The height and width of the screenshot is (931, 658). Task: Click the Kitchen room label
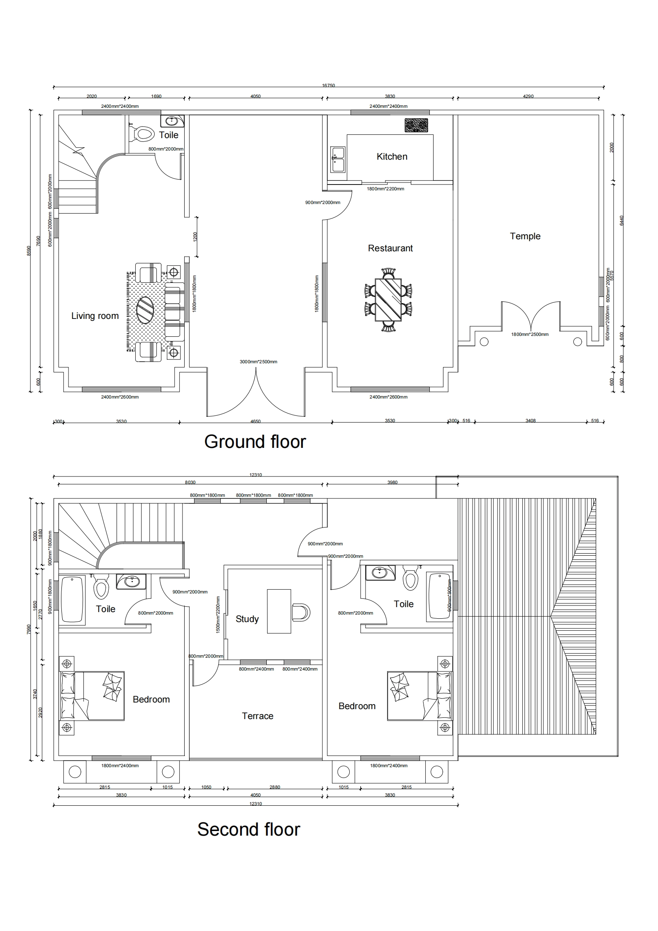(x=392, y=156)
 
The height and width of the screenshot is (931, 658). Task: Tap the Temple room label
(x=525, y=236)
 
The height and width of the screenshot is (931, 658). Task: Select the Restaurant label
(x=390, y=248)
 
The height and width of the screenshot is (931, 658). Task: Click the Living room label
(x=95, y=316)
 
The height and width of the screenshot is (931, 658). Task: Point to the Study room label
(x=247, y=619)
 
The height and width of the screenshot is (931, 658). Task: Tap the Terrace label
(x=258, y=716)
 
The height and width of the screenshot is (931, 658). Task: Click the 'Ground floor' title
(x=255, y=442)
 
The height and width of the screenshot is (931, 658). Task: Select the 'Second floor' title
(x=249, y=829)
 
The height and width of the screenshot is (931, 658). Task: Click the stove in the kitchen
(x=416, y=126)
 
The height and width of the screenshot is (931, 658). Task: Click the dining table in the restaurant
(x=388, y=299)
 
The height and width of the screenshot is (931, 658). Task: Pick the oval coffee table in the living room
(x=145, y=310)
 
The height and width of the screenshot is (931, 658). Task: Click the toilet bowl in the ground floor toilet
(x=142, y=134)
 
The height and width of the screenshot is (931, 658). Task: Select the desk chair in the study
(x=301, y=613)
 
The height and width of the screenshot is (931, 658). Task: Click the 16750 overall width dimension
(x=328, y=86)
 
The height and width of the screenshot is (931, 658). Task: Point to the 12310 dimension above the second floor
(x=256, y=475)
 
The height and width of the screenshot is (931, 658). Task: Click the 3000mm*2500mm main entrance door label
(x=258, y=362)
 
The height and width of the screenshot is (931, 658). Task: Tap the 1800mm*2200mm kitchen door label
(x=385, y=189)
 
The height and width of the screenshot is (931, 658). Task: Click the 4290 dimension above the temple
(x=528, y=96)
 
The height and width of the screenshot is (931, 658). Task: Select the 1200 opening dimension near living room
(x=195, y=237)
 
